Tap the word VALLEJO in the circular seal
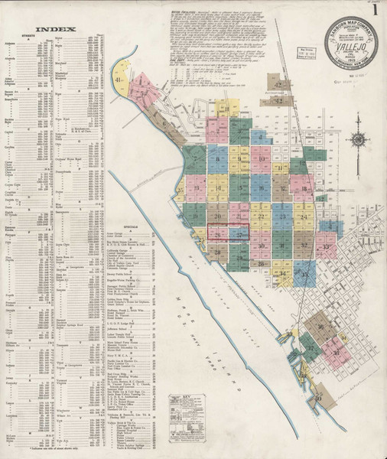coord(353,47)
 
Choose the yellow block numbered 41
coord(140,79)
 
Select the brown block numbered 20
coord(218,217)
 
